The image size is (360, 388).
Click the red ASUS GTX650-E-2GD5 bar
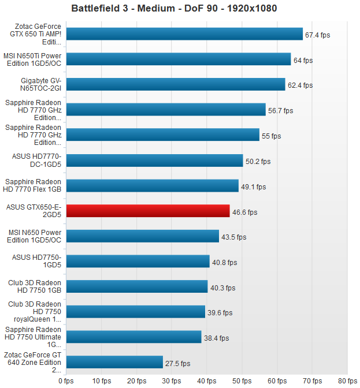(148, 211)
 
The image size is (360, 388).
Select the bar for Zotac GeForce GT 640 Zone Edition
(114, 363)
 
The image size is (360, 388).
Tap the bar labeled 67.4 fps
(185, 34)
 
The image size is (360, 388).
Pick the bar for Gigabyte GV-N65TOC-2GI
(176, 85)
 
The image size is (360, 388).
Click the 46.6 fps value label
(245, 212)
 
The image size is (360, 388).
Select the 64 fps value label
(303, 60)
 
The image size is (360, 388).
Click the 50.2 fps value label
(258, 162)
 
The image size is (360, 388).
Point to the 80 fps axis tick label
(347, 380)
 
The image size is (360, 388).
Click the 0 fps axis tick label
(66, 380)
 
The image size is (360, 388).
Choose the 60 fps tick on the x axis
(277, 380)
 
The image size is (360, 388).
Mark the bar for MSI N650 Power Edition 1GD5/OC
(143, 236)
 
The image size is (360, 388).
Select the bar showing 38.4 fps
(134, 337)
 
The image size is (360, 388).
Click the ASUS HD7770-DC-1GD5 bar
(155, 161)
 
